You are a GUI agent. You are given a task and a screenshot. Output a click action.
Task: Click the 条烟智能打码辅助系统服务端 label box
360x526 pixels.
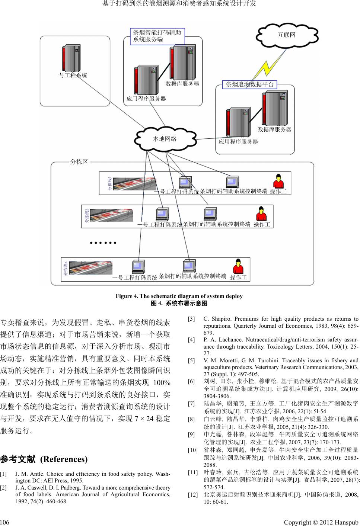click(157, 36)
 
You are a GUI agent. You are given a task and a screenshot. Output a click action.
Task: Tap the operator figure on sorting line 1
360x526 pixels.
click(278, 182)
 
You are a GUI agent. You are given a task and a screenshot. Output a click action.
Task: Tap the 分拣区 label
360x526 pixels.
click(79, 162)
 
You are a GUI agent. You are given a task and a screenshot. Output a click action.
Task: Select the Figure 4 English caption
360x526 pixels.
click(179, 296)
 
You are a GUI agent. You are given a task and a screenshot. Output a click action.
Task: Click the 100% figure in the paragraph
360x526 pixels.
click(162, 383)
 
